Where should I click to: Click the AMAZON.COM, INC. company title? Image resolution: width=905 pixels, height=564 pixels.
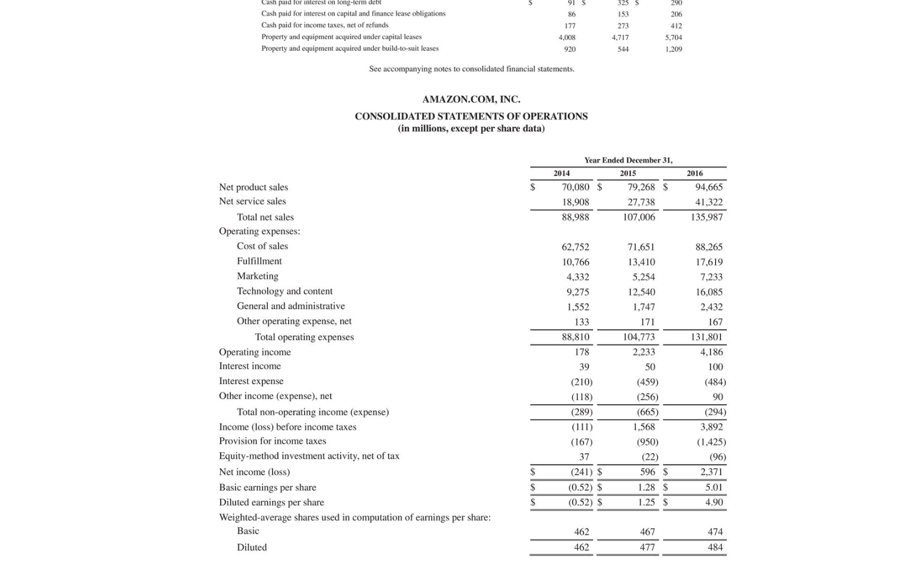click(x=471, y=99)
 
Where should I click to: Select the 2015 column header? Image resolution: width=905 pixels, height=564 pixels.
click(x=628, y=173)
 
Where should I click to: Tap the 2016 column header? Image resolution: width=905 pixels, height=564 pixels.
click(x=694, y=173)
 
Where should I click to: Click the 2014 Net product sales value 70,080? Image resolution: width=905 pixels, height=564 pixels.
click(x=575, y=187)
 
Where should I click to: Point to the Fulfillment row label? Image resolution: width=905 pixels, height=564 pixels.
click(x=259, y=261)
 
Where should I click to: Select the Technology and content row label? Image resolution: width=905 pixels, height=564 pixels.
click(x=285, y=291)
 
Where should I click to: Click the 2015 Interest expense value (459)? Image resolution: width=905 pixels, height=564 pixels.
click(x=647, y=382)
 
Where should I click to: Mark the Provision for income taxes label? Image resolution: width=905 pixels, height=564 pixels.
click(x=272, y=441)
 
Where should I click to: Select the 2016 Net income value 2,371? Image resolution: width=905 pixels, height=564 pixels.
click(x=711, y=472)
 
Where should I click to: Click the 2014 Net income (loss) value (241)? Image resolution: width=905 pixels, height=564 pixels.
click(x=581, y=472)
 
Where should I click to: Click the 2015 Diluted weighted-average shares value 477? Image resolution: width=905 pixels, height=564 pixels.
click(x=647, y=547)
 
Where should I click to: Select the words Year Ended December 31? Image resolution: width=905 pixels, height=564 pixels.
click(x=628, y=160)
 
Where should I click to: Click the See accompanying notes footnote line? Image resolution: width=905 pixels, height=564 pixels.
click(x=471, y=69)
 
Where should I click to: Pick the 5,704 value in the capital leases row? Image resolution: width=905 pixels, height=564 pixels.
click(x=673, y=37)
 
